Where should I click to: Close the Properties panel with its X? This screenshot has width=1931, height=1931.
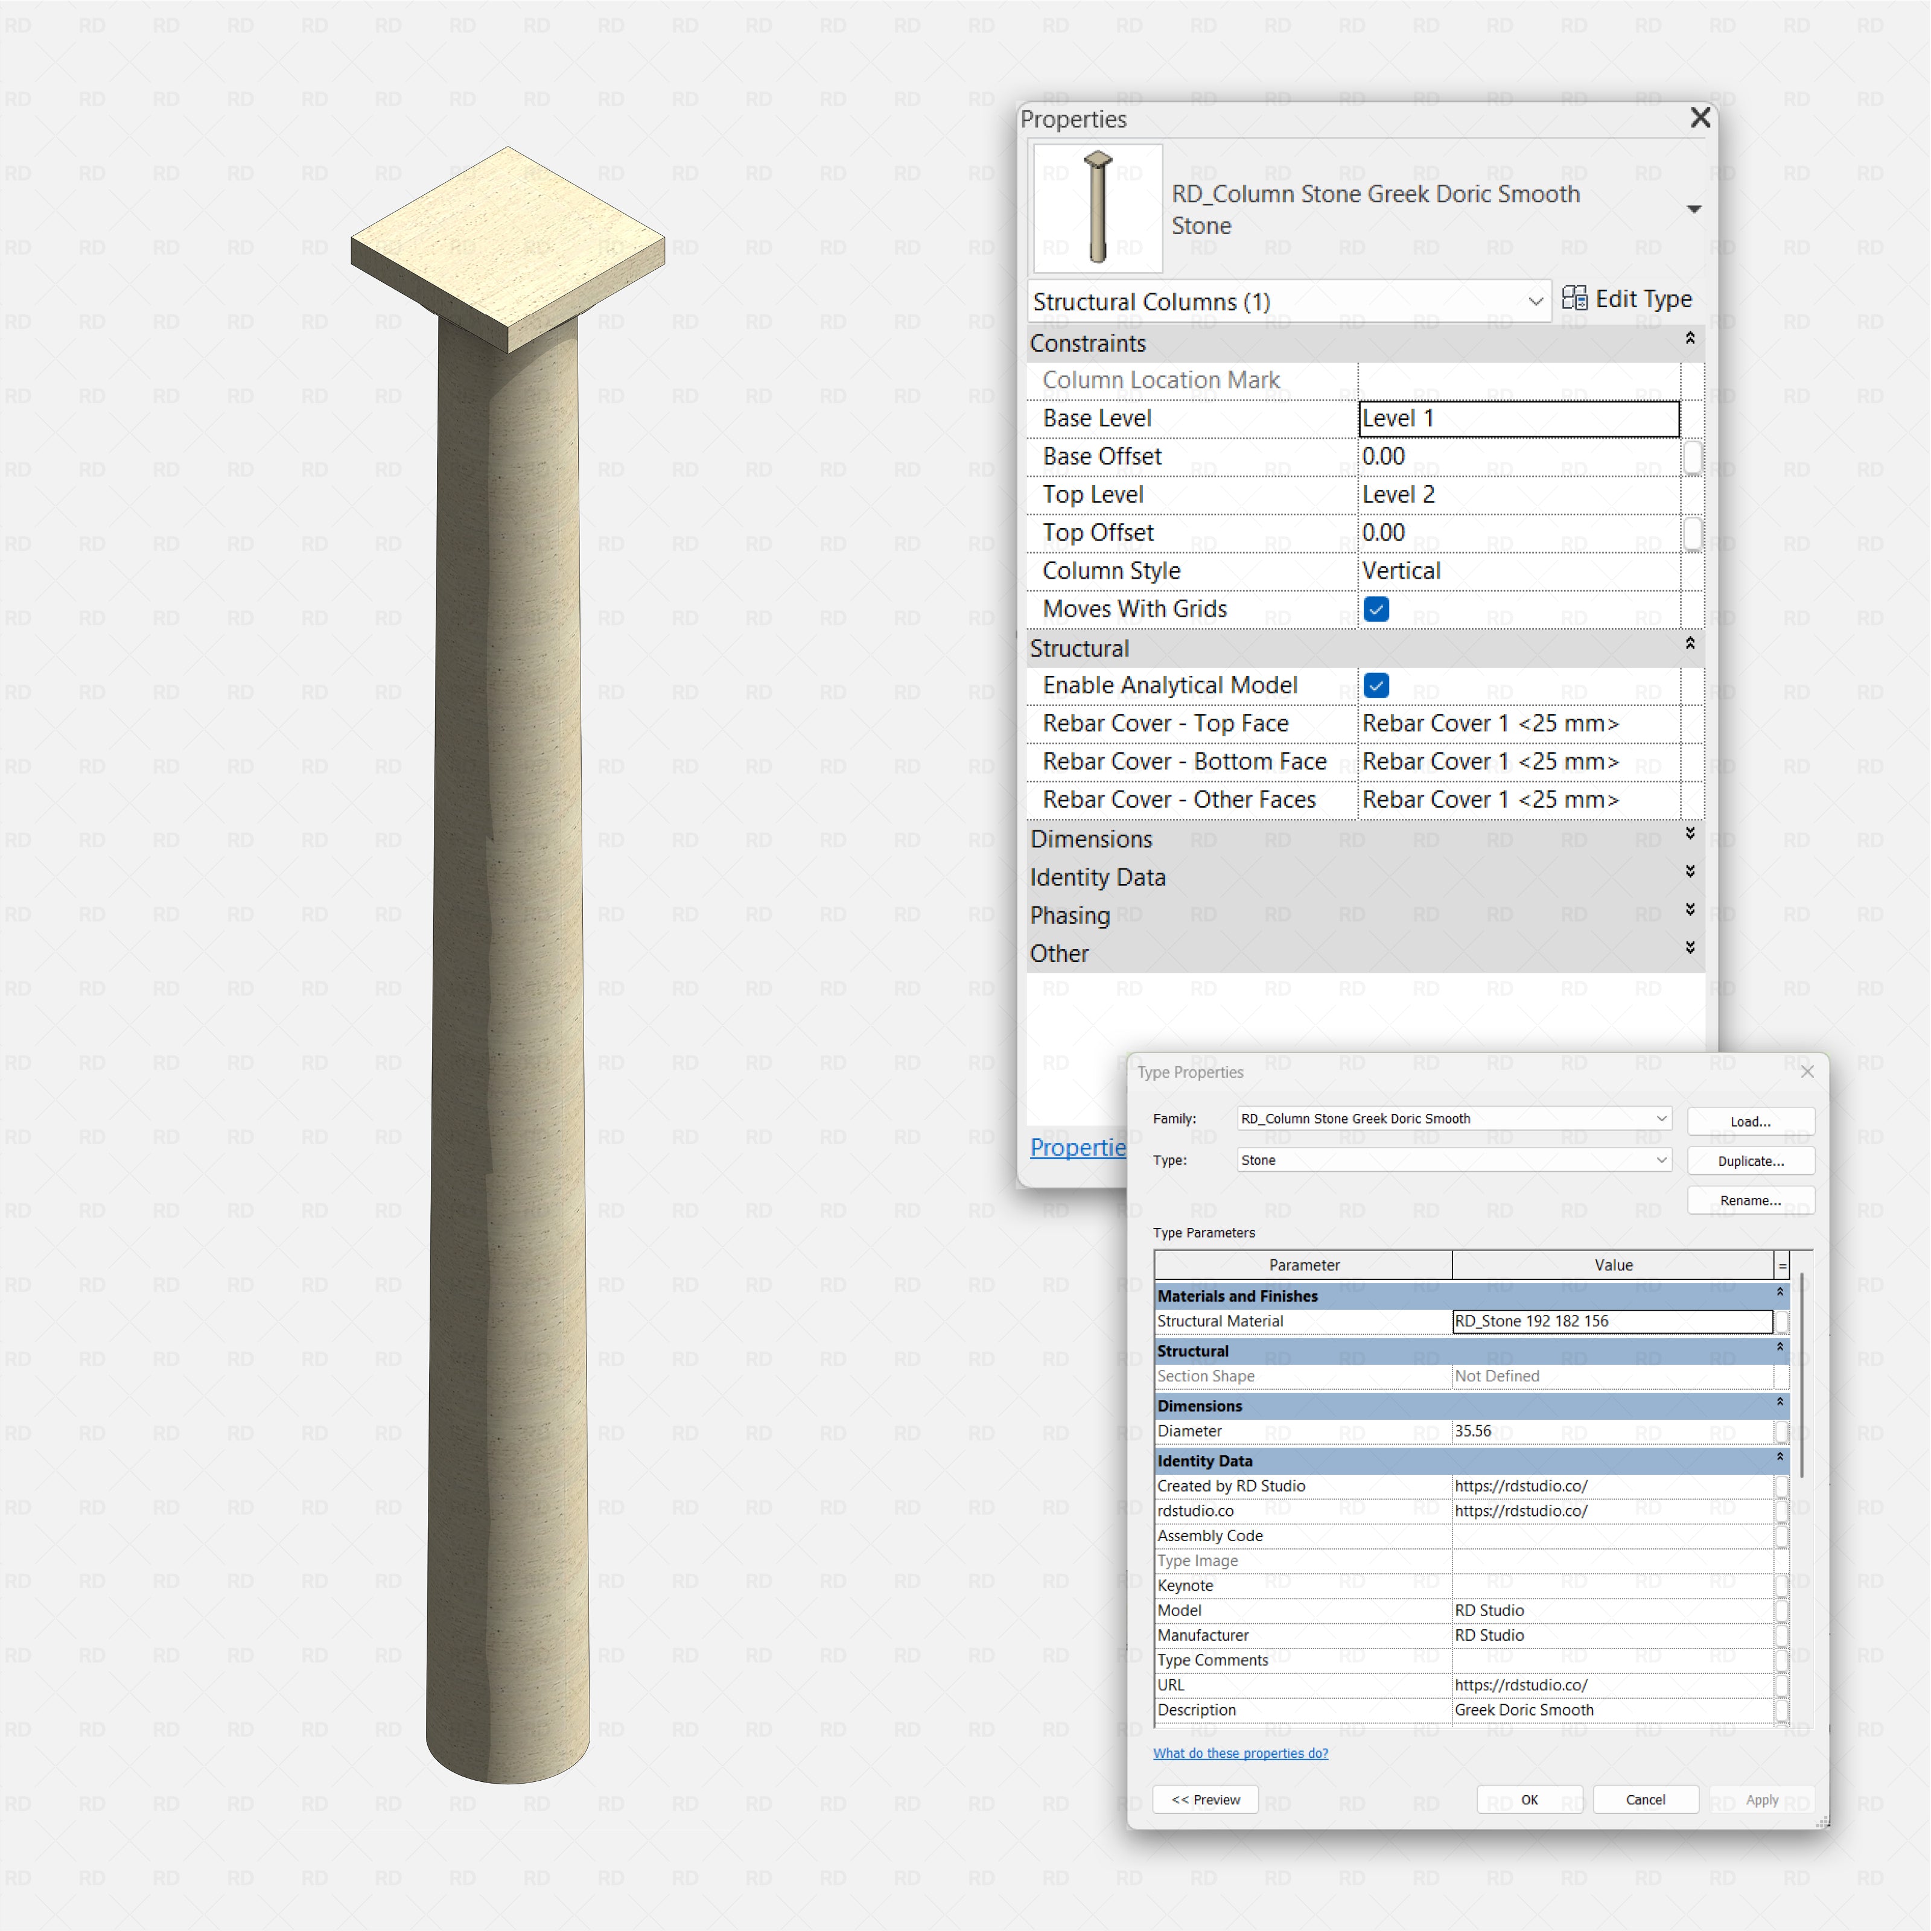click(x=1699, y=118)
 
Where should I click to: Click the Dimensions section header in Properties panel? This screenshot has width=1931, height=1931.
click(x=1092, y=839)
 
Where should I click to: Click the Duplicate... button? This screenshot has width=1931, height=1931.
click(x=1750, y=1160)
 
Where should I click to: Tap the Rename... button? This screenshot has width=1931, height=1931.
click(x=1750, y=1200)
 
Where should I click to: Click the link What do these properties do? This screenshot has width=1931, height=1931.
click(x=1240, y=1753)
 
